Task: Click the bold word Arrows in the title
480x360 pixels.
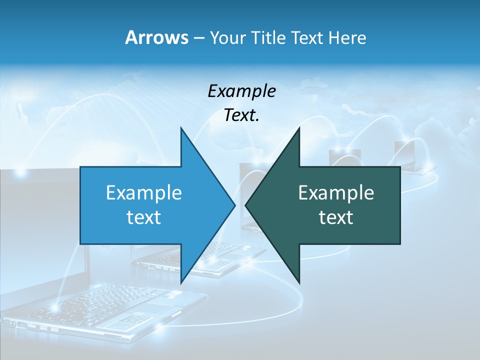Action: tap(156, 37)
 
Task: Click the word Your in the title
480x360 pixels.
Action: tap(227, 37)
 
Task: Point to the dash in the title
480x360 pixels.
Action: tap(198, 38)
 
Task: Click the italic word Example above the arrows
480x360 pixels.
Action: tap(241, 91)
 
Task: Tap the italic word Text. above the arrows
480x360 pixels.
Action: tap(241, 115)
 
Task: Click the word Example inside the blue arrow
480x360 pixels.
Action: tap(144, 192)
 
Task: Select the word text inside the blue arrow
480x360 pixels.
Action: tap(144, 217)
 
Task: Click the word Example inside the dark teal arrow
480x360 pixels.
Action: tap(336, 192)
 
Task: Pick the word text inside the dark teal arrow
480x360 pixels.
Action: tap(336, 217)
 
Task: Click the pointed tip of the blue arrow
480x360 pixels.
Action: tap(234, 205)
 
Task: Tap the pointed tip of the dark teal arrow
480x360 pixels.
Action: tap(245, 205)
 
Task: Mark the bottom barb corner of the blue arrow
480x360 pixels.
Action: tap(181, 282)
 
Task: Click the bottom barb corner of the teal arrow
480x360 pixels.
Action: tap(299, 282)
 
